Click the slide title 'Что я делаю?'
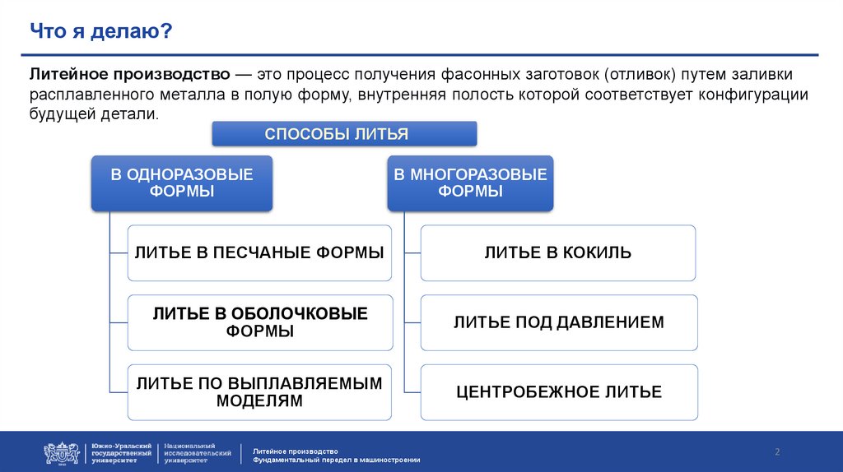(x=101, y=32)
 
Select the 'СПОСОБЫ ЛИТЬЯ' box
(x=344, y=133)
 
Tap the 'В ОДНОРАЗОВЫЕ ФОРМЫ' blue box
(x=181, y=183)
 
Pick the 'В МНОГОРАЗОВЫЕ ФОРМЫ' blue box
(x=470, y=183)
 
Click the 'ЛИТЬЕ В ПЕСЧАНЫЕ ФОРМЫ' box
(x=259, y=252)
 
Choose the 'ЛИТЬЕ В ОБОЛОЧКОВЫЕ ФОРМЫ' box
(x=259, y=322)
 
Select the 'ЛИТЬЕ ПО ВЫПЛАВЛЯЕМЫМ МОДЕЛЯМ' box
(x=259, y=392)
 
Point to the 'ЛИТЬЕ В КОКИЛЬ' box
(x=558, y=252)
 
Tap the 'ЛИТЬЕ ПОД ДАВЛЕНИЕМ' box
(x=558, y=322)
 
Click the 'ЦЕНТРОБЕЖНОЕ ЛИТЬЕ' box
(x=558, y=392)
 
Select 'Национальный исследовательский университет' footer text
(x=198, y=453)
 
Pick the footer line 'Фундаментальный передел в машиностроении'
(x=337, y=459)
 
